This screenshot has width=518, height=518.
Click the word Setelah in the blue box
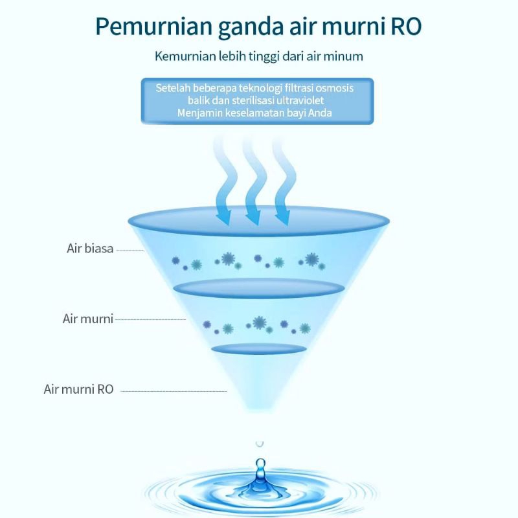coord(173,88)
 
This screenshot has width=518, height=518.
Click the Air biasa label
coord(90,249)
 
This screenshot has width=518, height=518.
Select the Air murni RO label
coord(78,389)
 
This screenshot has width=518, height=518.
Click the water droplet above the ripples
coord(260,469)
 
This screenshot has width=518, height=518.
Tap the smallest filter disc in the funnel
coord(258,348)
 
